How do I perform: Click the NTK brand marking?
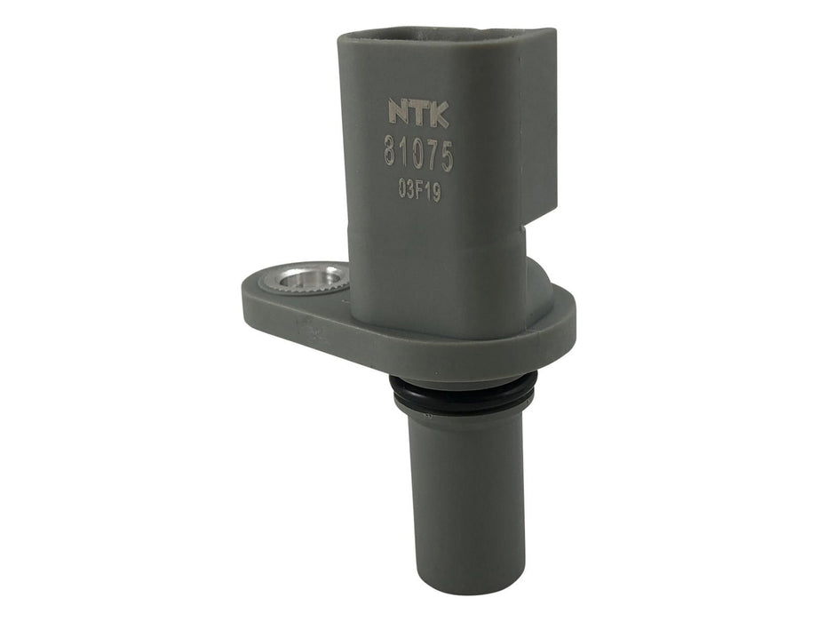tap(418, 113)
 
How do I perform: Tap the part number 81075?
tap(418, 157)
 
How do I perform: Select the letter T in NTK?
tap(419, 113)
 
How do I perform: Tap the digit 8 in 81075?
tap(391, 157)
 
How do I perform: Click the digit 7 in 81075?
tap(431, 157)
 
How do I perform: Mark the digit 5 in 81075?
tap(445, 157)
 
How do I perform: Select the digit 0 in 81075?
tap(417, 157)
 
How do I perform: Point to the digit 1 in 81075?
tap(404, 157)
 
